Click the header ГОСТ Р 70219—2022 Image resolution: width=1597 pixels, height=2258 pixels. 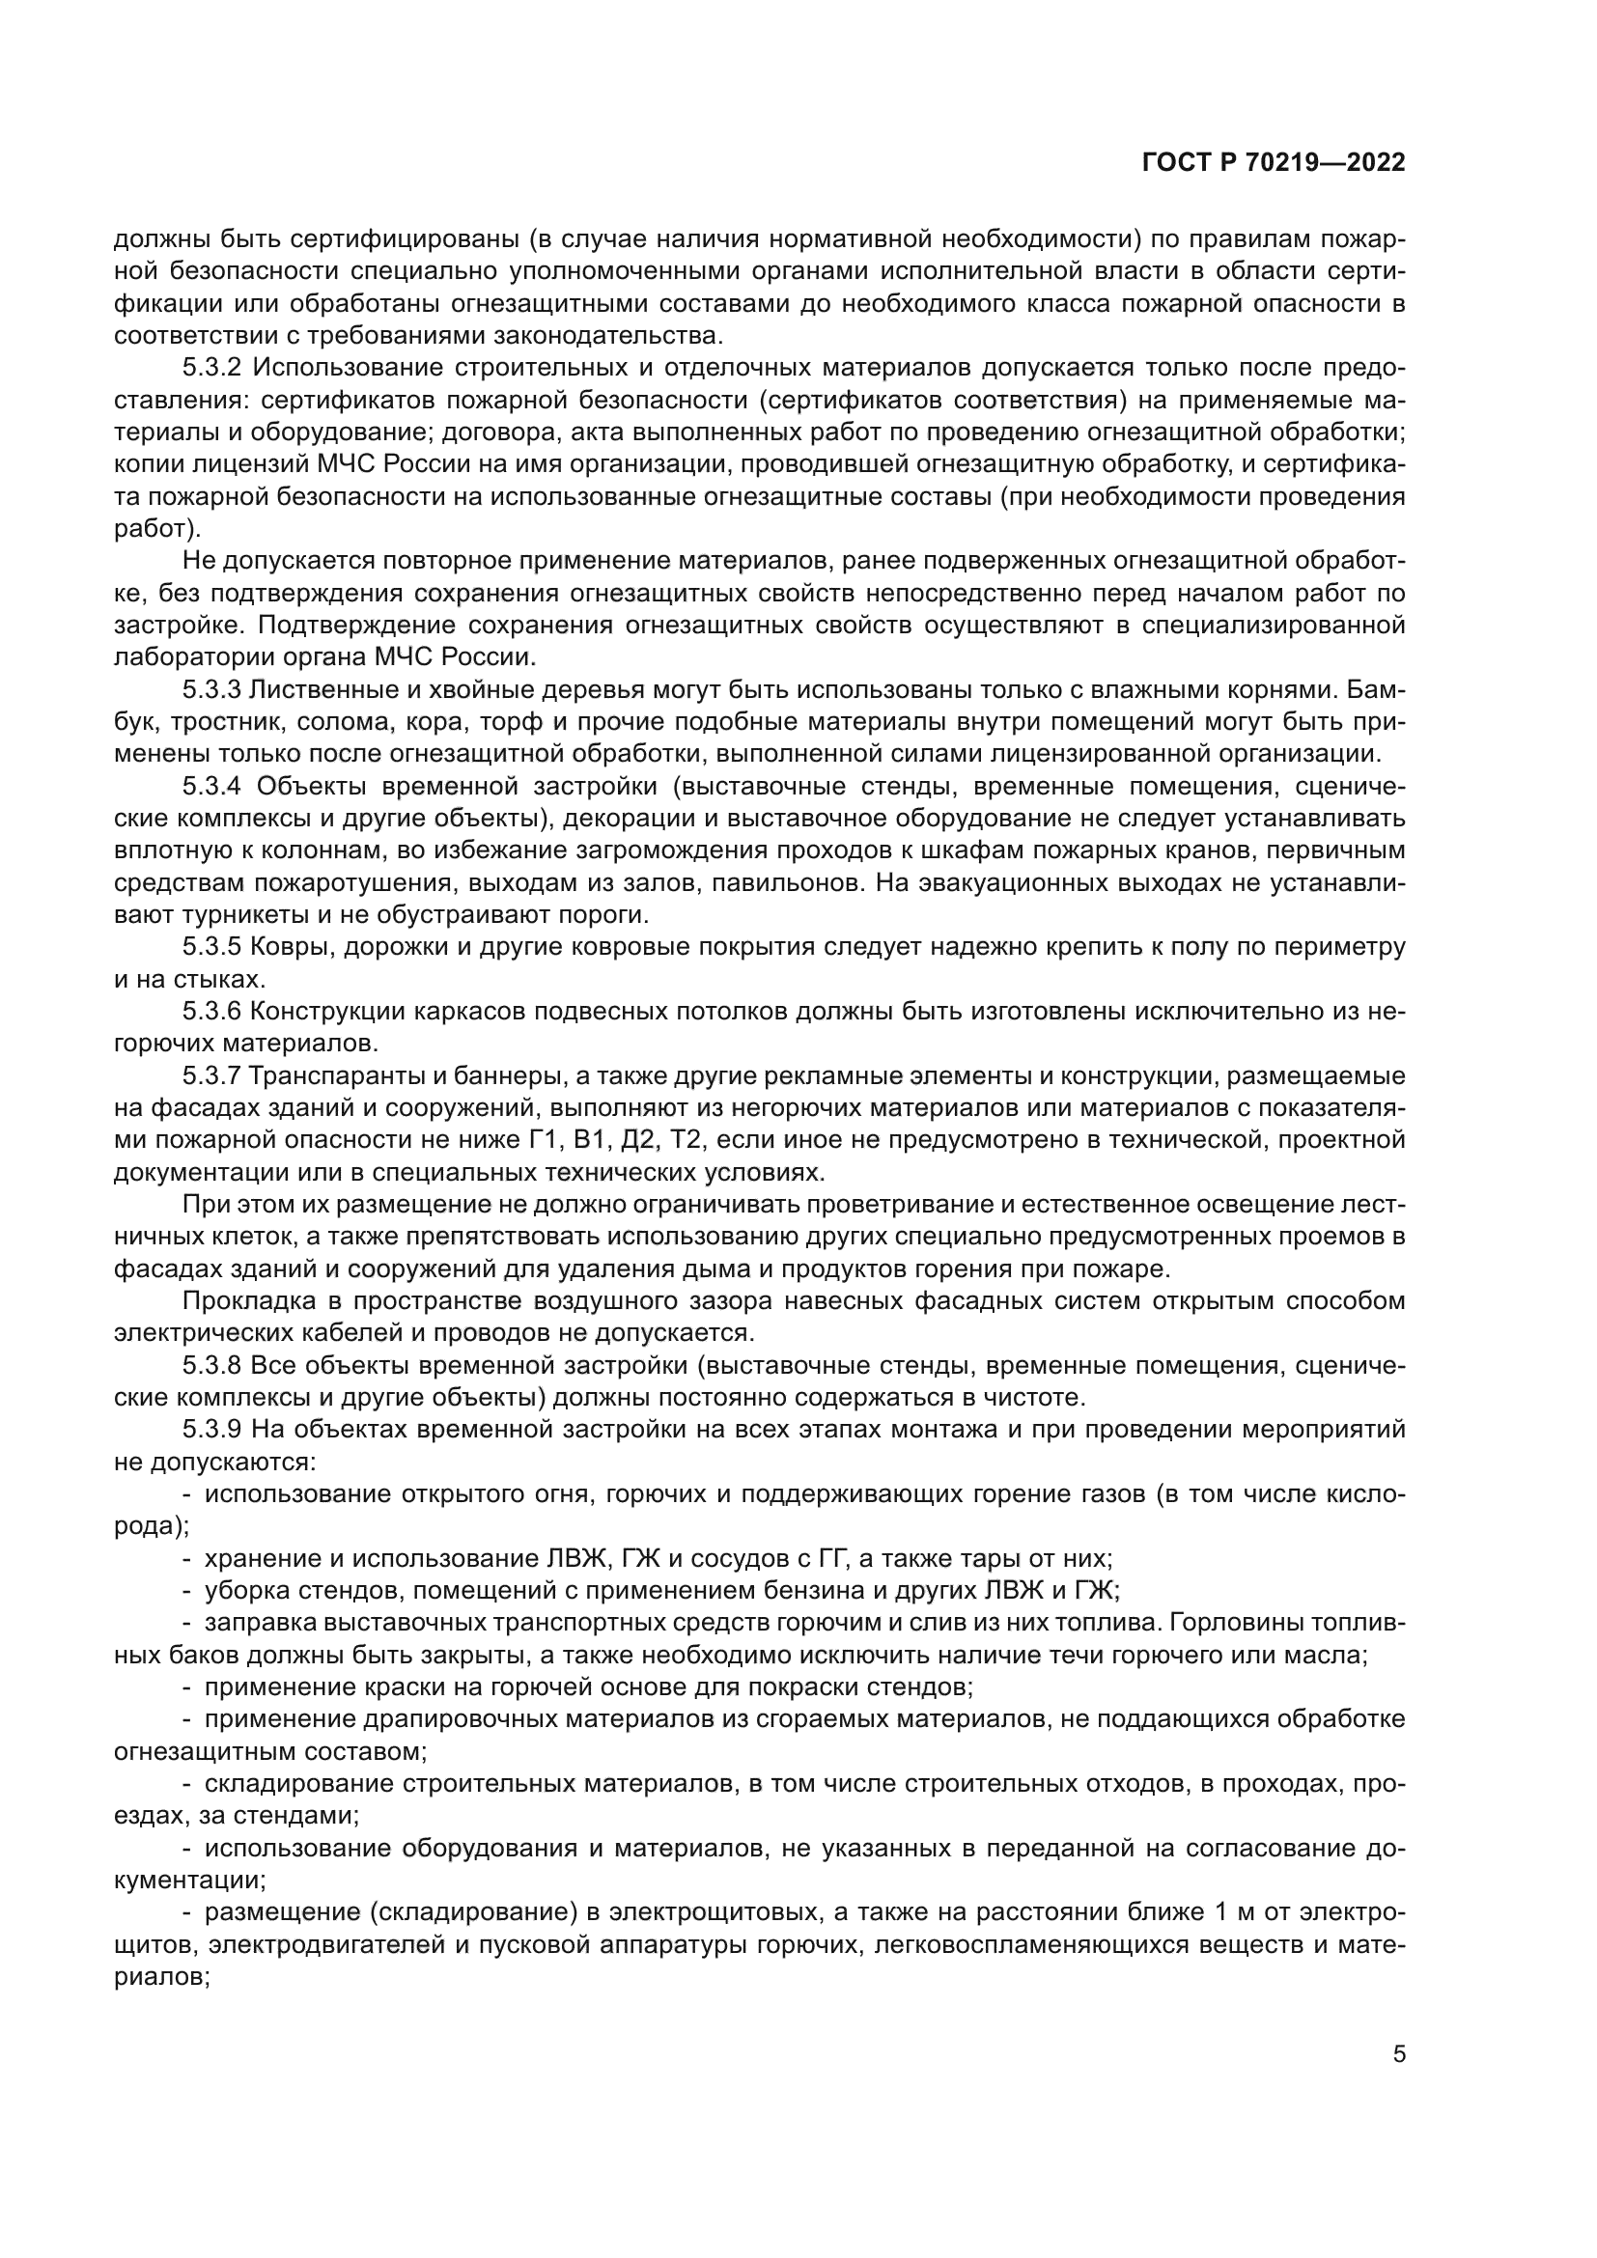(1274, 163)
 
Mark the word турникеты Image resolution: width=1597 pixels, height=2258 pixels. (247, 915)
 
